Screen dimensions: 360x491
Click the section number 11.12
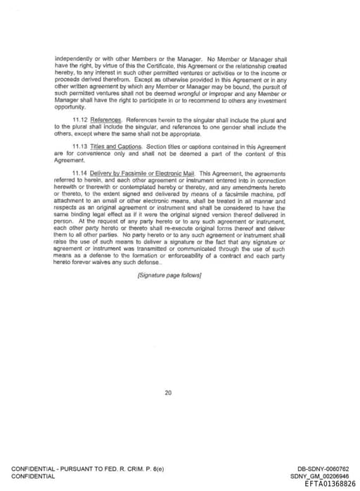tap(80, 120)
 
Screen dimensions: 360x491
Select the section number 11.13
tap(80, 146)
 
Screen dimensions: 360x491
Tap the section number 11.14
tap(80, 172)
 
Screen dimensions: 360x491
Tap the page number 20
tap(168, 393)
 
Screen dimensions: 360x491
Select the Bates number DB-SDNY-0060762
tap(323, 469)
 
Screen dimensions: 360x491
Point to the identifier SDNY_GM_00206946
tap(319, 476)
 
